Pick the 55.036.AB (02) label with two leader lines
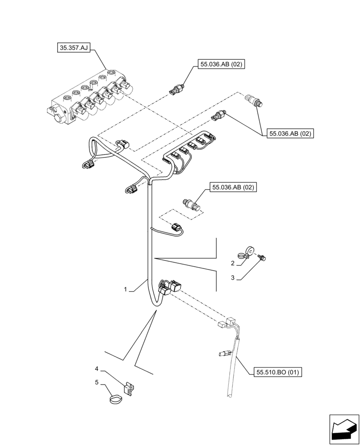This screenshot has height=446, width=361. point(290,133)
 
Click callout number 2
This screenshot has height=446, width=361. point(233,264)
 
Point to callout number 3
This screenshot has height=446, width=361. point(233,278)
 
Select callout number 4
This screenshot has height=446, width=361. point(97,369)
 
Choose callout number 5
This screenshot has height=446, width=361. point(97,382)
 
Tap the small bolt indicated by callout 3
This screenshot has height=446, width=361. point(262,256)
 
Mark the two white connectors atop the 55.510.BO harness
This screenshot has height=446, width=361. point(226,323)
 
